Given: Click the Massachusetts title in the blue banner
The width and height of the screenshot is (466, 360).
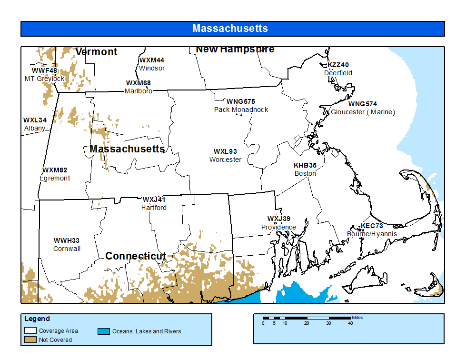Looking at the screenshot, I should click(230, 29).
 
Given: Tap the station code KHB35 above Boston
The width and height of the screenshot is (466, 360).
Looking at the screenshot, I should click(305, 165).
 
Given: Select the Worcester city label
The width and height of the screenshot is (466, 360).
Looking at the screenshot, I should click(225, 160).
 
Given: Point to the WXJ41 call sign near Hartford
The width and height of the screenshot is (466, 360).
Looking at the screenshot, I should click(154, 200).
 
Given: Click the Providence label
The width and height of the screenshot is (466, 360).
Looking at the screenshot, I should click(278, 227).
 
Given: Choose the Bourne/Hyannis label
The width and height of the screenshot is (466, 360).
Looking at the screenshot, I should click(372, 234).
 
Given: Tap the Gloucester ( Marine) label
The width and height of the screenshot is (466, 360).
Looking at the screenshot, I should click(363, 112).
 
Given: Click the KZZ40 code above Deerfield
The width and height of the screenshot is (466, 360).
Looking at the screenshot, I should click(338, 65).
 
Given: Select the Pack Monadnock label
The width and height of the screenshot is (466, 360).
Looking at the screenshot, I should click(241, 110).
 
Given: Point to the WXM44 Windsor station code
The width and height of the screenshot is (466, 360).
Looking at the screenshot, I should click(152, 60).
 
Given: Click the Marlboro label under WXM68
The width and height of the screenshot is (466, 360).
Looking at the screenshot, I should click(139, 91).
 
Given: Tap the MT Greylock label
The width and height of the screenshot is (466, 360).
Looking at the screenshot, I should click(45, 79).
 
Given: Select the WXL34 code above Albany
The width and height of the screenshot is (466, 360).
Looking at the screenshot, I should click(35, 120).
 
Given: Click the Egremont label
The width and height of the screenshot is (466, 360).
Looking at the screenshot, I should click(55, 178).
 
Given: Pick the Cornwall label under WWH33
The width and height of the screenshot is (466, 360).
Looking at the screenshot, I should click(67, 249).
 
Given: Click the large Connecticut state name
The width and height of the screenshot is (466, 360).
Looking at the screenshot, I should click(136, 256).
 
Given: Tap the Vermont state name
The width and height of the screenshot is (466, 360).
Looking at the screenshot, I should click(96, 52).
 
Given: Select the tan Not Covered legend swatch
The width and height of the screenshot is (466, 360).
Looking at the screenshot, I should click(31, 340).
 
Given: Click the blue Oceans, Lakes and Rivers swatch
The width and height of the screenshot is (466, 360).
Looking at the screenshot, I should click(104, 331).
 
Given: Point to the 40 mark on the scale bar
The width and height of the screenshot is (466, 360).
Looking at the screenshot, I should click(350, 323).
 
